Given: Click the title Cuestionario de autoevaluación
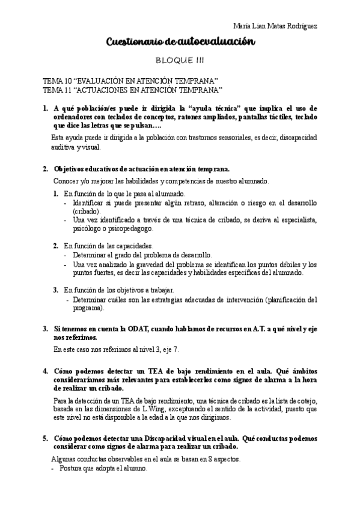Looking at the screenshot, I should click(x=180, y=41).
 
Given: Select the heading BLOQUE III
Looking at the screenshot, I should click(x=180, y=61).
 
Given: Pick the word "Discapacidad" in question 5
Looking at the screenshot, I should click(x=165, y=438).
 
